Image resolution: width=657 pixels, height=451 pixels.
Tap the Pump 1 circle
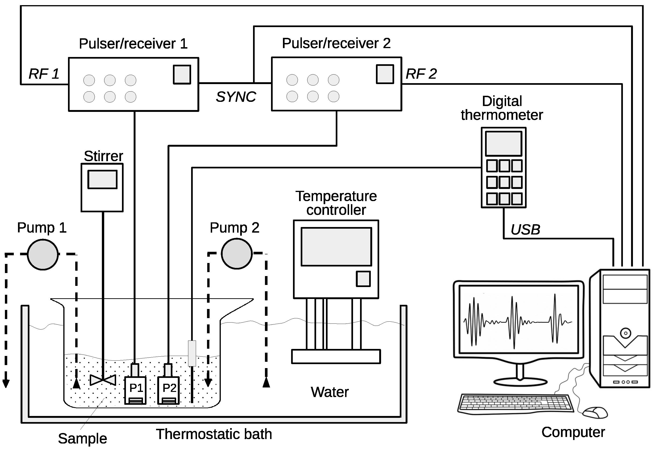point(43,255)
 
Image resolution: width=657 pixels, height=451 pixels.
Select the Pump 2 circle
point(237,253)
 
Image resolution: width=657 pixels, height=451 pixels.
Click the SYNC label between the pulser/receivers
point(236,97)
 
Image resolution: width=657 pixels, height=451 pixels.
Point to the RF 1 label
point(44,74)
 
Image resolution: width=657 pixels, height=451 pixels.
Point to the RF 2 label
point(421,74)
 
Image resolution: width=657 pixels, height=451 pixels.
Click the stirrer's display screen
point(102,179)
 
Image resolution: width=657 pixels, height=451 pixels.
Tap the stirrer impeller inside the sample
point(103,380)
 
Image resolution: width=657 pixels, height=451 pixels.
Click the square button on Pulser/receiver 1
point(182,75)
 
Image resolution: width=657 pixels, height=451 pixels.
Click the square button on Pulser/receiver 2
point(385,74)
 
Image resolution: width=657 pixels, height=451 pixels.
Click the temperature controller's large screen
point(336,247)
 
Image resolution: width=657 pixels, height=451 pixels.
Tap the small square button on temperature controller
point(363,279)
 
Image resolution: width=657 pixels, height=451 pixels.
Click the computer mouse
point(595,413)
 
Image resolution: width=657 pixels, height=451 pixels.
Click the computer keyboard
point(515,404)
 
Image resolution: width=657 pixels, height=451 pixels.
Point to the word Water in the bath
point(330,392)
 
